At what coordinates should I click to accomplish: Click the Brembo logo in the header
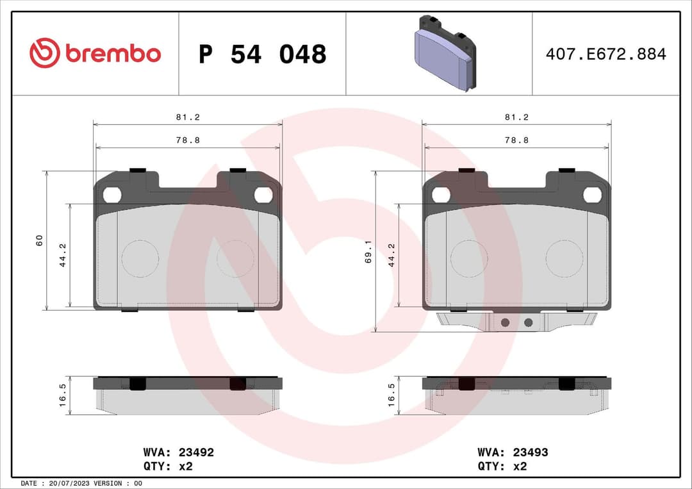95,54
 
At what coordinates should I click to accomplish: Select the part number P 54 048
262,54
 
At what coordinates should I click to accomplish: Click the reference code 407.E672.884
605,54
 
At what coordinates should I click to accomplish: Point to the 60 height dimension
39,240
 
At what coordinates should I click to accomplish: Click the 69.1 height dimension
368,251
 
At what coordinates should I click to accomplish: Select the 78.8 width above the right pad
516,140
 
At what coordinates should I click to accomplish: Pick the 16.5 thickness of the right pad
391,395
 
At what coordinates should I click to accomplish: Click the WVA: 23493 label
513,452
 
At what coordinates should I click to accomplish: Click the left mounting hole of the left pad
112,194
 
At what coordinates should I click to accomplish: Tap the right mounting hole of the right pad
591,194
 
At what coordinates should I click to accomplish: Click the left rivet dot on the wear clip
505,322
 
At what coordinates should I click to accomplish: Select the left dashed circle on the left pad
140,258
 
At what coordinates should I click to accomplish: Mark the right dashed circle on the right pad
564,258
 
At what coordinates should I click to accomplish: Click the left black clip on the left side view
138,383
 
